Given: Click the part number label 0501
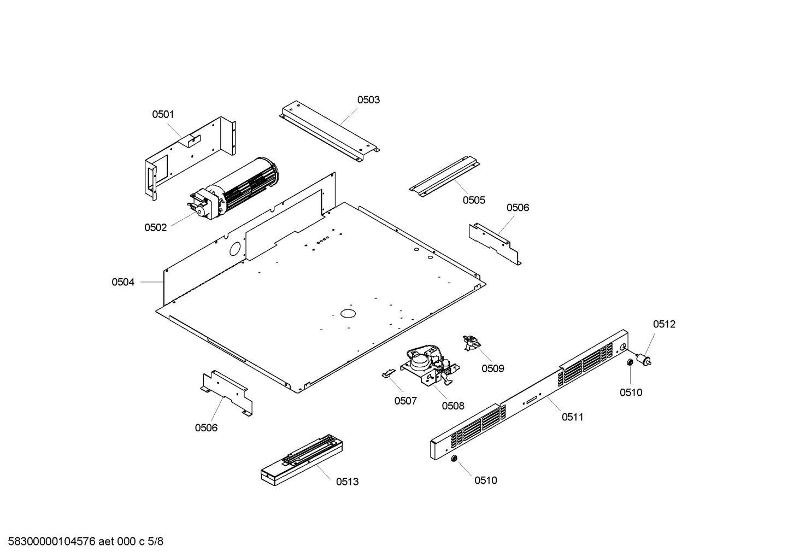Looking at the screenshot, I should pos(163,114).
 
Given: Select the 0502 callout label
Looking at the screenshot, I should pos(155,227).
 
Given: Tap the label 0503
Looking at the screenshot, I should pos(368,99).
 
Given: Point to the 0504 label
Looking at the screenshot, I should pos(123,282).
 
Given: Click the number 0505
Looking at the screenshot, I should pos(474,200).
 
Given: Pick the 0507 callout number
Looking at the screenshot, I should pos(405,401).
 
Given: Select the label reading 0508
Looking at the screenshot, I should pos(453,406).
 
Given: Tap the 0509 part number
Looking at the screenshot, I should pos(492,368).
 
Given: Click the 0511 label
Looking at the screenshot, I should pos(572,417).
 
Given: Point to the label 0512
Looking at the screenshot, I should pos(664,324).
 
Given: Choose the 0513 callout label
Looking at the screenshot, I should pos(347,482).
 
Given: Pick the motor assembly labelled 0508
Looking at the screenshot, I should pos(429,365).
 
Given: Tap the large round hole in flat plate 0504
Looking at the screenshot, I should pos(348,313).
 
